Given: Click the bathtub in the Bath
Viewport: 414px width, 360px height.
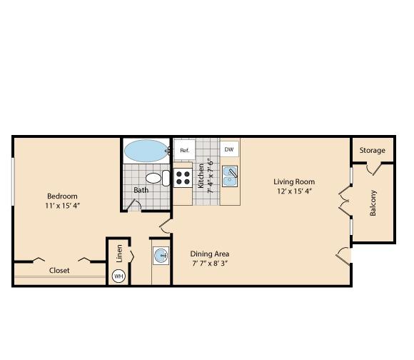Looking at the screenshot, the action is (x=146, y=151).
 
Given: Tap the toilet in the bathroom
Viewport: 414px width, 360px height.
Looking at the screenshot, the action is (x=158, y=179).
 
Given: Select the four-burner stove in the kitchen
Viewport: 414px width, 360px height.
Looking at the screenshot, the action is (x=183, y=178).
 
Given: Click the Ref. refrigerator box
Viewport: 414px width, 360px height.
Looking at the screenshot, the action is (x=185, y=149).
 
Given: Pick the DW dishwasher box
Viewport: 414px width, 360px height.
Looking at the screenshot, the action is (x=229, y=149).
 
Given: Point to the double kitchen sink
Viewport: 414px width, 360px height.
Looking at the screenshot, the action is (x=230, y=176).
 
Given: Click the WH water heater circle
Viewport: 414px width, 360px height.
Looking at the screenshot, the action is (x=118, y=276).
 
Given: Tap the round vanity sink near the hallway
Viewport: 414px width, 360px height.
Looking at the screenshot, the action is (x=161, y=256).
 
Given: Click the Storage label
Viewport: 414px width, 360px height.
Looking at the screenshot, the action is (x=373, y=150).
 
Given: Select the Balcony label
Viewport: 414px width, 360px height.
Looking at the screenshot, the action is (x=373, y=203).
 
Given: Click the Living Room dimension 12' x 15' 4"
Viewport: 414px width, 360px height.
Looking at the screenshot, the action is (x=295, y=191).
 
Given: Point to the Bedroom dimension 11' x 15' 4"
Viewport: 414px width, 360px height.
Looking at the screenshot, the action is (x=62, y=205).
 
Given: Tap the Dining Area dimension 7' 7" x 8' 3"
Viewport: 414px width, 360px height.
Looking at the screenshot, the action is (x=210, y=264).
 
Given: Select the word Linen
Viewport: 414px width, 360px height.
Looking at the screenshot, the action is (x=119, y=254).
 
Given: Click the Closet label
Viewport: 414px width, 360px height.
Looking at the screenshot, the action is (x=59, y=270).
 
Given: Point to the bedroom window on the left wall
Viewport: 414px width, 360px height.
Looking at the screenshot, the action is (x=13, y=181).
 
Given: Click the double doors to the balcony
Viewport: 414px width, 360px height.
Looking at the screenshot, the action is (x=345, y=201).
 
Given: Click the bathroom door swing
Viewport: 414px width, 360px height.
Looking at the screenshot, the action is (x=134, y=206).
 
